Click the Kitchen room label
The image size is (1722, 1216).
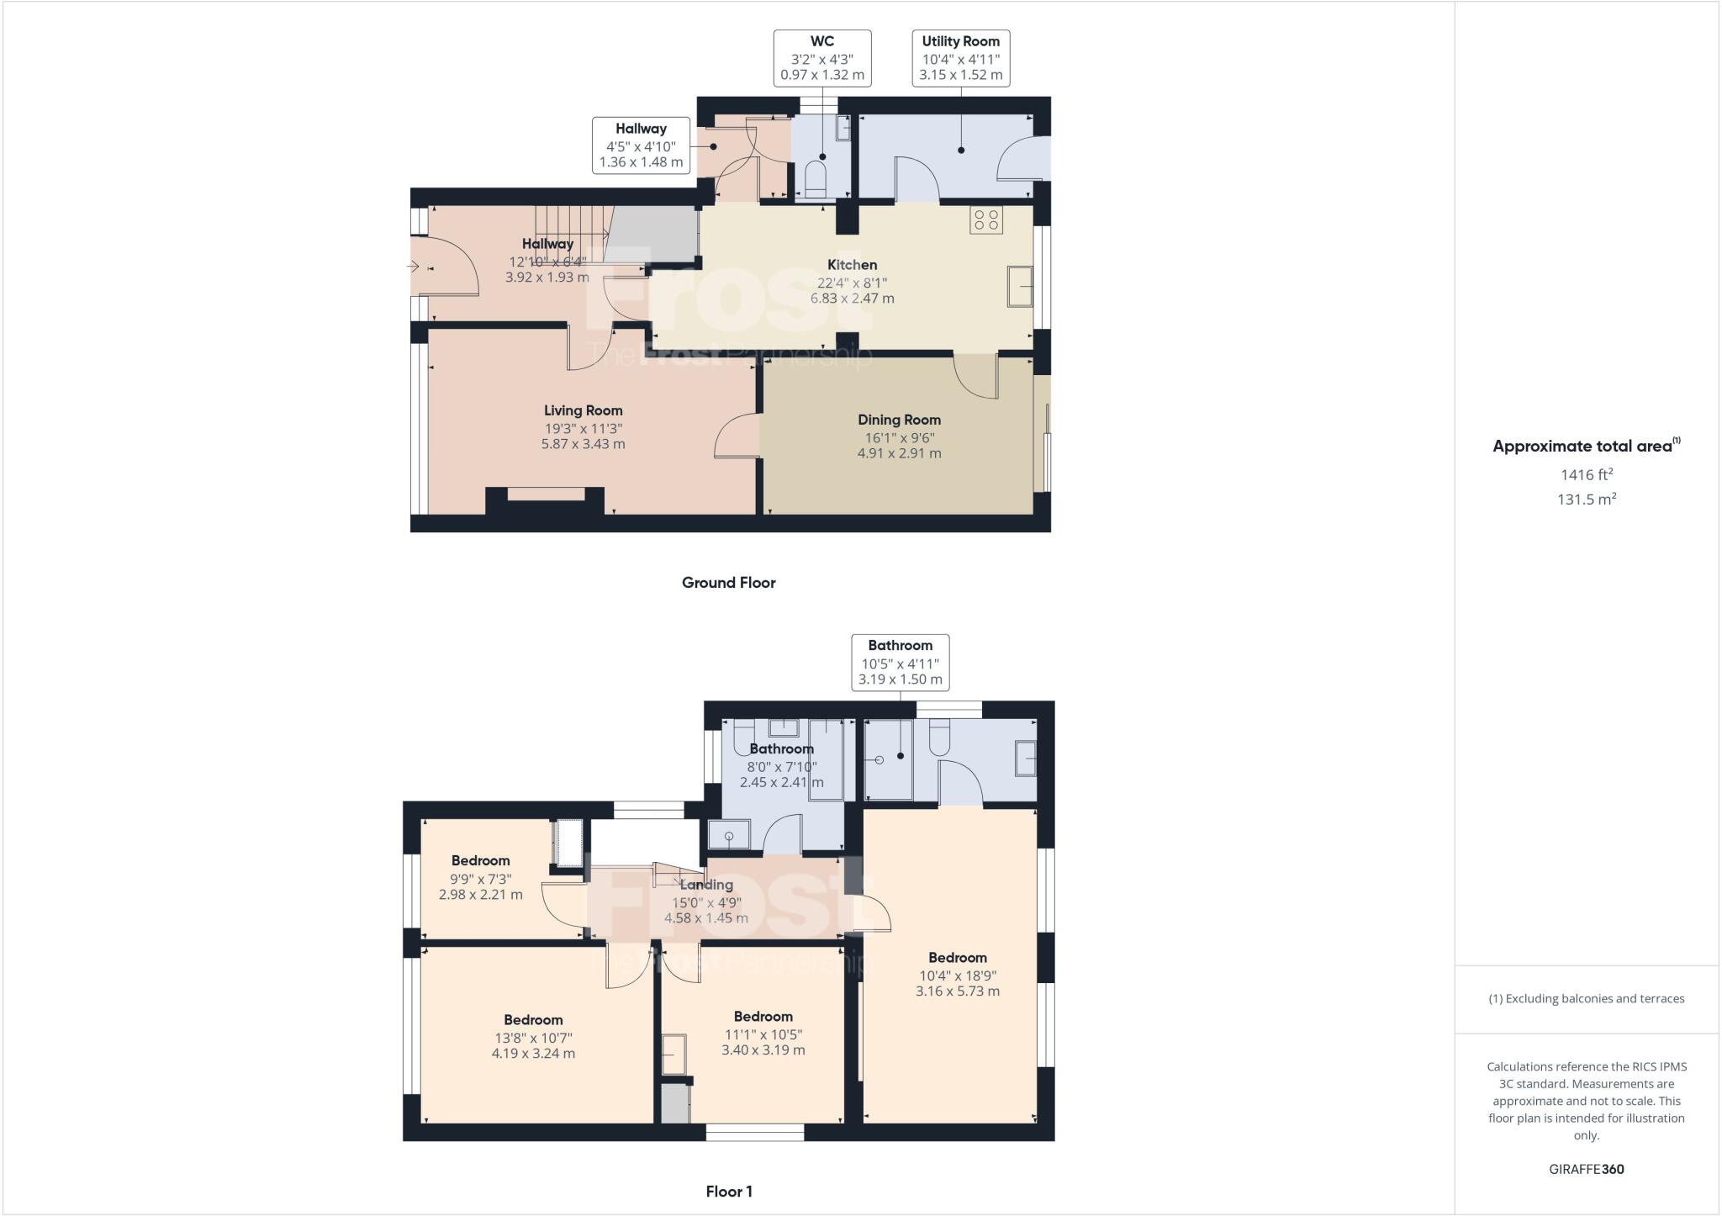pyautogui.click(x=852, y=265)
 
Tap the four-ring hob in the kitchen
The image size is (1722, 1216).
pyautogui.click(x=985, y=220)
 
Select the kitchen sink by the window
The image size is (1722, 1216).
pyautogui.click(x=1021, y=286)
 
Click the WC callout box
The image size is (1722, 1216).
pyautogui.click(x=821, y=58)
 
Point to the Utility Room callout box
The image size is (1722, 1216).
pyautogui.click(x=960, y=58)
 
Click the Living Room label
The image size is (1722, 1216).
pyautogui.click(x=583, y=410)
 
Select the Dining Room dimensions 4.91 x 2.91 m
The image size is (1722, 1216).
pyautogui.click(x=899, y=453)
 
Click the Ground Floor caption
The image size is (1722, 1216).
pyautogui.click(x=728, y=583)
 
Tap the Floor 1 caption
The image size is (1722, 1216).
pyautogui.click(x=728, y=1192)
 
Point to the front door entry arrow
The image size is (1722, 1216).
pyautogui.click(x=414, y=267)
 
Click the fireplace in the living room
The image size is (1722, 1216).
pyautogui.click(x=545, y=499)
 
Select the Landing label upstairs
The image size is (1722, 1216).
pyautogui.click(x=706, y=885)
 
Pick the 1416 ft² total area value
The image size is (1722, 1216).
pyautogui.click(x=1586, y=475)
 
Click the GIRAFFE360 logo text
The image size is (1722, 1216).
pyautogui.click(x=1586, y=1169)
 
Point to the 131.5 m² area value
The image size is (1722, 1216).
pyautogui.click(x=1586, y=500)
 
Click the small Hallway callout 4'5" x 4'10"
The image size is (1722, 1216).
pyautogui.click(x=641, y=145)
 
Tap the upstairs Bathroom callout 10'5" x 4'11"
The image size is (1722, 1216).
pyautogui.click(x=900, y=663)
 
